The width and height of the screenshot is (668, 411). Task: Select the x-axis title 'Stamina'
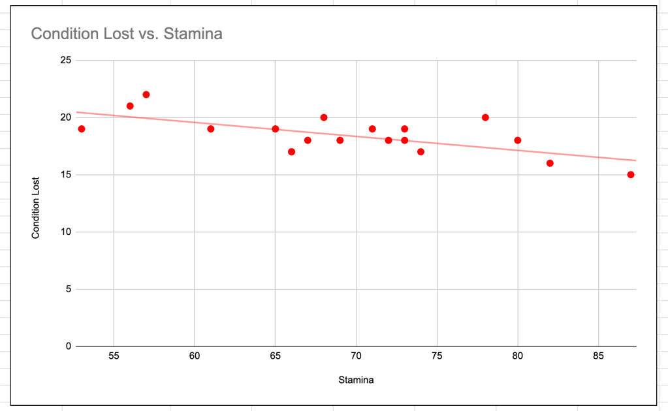click(355, 379)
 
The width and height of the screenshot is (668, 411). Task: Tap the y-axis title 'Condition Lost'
click(36, 207)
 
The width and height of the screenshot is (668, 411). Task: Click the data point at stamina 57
click(146, 95)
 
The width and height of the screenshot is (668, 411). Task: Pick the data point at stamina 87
click(631, 175)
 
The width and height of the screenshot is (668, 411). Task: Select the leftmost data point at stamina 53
click(82, 129)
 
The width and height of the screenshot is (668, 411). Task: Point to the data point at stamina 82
click(550, 163)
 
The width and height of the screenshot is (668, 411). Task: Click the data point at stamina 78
click(485, 117)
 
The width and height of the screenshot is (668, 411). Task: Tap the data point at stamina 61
click(211, 129)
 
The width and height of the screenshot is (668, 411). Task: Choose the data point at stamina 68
click(324, 117)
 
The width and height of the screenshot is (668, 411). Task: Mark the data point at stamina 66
click(291, 152)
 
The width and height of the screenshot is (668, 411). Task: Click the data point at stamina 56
click(130, 106)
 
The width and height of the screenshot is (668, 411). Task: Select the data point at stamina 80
click(518, 140)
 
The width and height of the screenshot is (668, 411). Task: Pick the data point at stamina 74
click(421, 152)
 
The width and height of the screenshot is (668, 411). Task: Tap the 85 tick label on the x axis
click(598, 357)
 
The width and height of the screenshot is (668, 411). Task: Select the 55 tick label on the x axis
click(114, 357)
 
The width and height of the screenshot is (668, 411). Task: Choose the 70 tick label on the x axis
click(356, 357)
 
